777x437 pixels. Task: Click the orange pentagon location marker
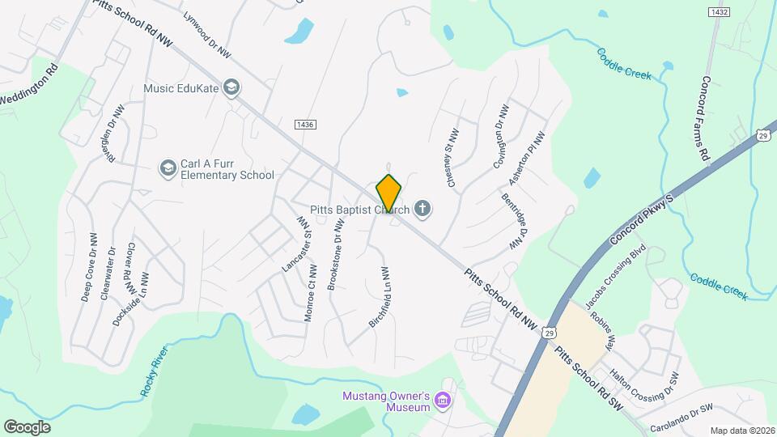pos(389,193)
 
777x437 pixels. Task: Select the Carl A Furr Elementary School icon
pos(168,168)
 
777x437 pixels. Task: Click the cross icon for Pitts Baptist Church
pos(422,210)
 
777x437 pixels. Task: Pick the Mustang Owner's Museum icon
pos(442,401)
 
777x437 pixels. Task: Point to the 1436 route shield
pos(305,124)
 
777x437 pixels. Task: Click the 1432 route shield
pos(718,11)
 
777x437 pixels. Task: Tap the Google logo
pos(27,426)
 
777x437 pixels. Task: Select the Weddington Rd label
pos(28,88)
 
